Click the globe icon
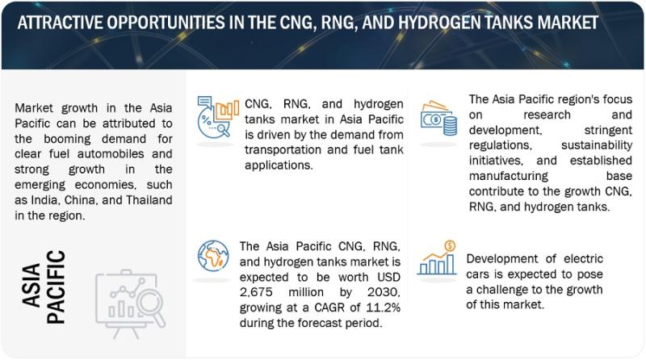click(x=213, y=256)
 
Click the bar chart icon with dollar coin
click(x=437, y=257)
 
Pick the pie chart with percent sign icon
click(x=218, y=117)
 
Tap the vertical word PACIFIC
click(x=56, y=287)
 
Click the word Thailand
click(x=149, y=200)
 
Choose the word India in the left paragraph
click(x=40, y=201)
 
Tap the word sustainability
click(x=597, y=145)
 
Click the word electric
click(x=583, y=258)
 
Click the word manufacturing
click(x=509, y=176)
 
